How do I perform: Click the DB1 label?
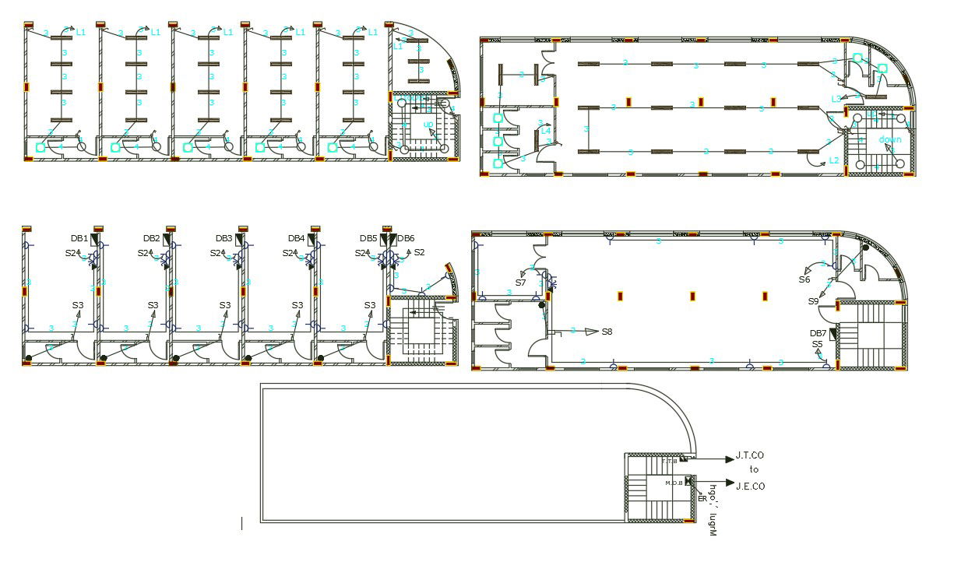point(79,238)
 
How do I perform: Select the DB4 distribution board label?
point(296,238)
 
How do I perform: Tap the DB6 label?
point(407,238)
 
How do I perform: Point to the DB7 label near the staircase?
point(817,333)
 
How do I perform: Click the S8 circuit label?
point(607,332)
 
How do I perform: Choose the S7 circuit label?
point(521,283)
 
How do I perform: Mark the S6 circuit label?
point(804,279)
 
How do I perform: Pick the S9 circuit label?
point(812,301)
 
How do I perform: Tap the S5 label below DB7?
point(817,344)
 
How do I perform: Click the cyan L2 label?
point(834,160)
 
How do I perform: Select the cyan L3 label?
point(836,99)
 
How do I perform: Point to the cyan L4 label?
point(546,131)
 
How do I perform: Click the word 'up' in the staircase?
point(428,125)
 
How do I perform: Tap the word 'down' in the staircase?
point(890,139)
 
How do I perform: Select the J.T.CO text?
point(750,455)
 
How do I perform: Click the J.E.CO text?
point(750,486)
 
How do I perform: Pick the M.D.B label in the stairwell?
point(673,483)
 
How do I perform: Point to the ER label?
point(702,498)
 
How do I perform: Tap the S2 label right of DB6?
point(419,252)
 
